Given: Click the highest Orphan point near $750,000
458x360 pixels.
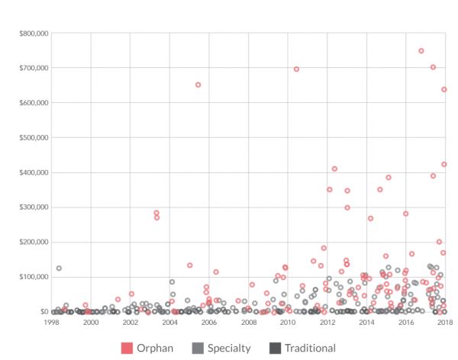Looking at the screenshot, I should (421, 51).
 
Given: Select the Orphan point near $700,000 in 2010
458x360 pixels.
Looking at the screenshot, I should (296, 69).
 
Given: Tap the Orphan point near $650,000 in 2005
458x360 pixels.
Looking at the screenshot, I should (198, 85).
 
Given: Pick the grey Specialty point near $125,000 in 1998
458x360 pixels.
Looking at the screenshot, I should (59, 268).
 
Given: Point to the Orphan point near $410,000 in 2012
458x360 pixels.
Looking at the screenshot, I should (334, 169).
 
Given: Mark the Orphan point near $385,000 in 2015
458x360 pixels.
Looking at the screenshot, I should (389, 178).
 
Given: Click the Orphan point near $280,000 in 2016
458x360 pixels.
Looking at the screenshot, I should (405, 214).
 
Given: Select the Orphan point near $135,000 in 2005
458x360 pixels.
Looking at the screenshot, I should (189, 265).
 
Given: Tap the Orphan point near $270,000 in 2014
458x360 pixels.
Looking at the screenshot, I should (370, 218).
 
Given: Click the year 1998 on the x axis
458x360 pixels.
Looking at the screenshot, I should (51, 323).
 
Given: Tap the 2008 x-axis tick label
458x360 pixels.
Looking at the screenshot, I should (248, 323).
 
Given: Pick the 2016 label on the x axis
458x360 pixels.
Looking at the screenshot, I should (405, 323).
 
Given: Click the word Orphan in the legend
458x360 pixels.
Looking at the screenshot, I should (155, 348).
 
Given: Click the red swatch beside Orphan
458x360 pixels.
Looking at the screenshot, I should (127, 348).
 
